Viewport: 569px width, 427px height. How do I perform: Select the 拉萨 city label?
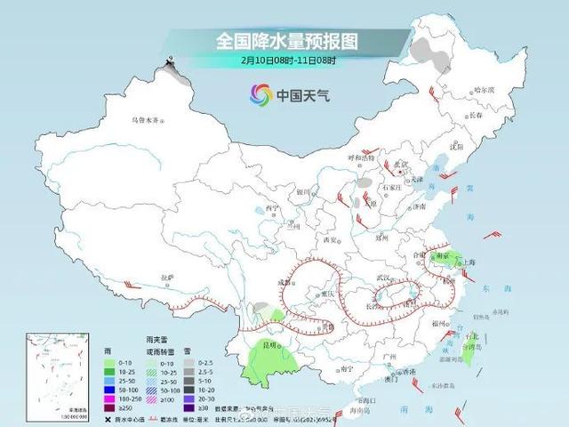tap(166, 278)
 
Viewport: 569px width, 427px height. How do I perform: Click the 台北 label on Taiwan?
tap(472, 336)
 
